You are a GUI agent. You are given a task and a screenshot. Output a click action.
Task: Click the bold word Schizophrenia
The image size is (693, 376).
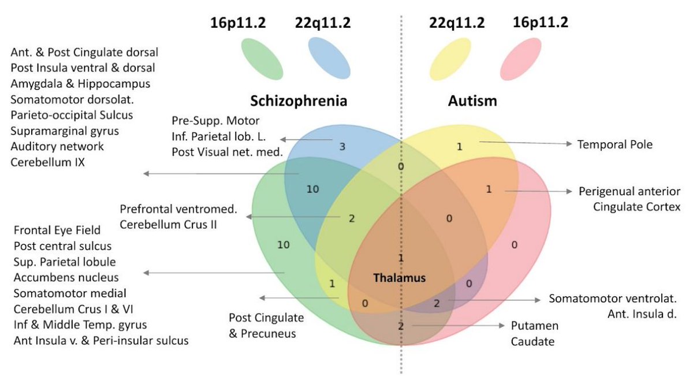tap(299, 101)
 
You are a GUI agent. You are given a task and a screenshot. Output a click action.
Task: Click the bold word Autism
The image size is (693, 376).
tap(472, 101)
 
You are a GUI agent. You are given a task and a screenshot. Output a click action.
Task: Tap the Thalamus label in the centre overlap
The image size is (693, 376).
tap(399, 278)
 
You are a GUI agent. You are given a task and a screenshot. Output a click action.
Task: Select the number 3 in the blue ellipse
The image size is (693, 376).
tap(342, 147)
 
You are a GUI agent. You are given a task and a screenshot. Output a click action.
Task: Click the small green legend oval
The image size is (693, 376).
tap(262, 58)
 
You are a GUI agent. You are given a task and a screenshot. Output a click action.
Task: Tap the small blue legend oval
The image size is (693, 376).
tap(329, 58)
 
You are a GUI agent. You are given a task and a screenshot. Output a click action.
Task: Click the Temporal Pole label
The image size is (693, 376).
tap(614, 144)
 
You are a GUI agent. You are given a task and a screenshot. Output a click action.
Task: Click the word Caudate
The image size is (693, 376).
tap(532, 341)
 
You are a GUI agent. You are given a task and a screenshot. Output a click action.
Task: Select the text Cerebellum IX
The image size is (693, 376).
tap(47, 162)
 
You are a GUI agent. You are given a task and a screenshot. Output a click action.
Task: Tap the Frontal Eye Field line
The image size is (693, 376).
tap(57, 230)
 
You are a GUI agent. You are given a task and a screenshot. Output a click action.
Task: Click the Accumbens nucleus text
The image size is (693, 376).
tap(66, 277)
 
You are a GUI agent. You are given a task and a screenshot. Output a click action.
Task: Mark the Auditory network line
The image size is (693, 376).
tap(57, 147)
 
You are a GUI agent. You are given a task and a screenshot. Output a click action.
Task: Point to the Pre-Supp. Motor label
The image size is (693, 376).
tap(215, 121)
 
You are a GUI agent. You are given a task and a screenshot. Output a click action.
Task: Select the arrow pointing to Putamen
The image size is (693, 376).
tap(459, 326)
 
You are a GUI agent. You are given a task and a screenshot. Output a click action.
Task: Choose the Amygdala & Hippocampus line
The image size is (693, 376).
tap(80, 84)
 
